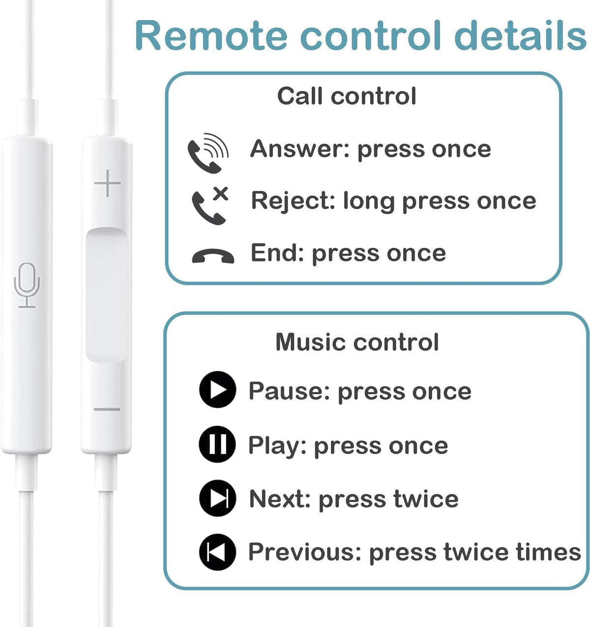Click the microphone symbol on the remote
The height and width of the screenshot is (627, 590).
pos(27,285)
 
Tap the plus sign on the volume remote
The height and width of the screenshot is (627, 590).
pos(108,183)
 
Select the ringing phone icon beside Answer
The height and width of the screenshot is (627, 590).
pos(208,153)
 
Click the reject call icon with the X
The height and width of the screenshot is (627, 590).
pos(210,206)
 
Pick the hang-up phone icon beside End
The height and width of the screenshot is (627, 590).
pos(213,256)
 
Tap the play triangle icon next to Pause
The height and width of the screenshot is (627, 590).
pos(218,389)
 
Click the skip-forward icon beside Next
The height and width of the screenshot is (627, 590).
pos(218,498)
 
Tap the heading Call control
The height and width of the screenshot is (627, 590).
pos(347,96)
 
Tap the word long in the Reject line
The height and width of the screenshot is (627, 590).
pos(369,202)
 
